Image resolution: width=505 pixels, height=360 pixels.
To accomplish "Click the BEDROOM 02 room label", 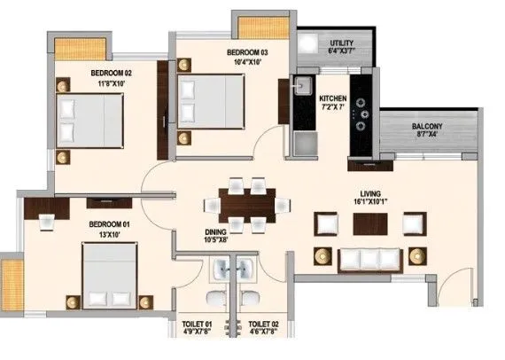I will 111,73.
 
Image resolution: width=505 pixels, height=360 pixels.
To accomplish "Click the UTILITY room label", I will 341,43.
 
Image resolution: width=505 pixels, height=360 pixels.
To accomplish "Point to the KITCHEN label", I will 333,99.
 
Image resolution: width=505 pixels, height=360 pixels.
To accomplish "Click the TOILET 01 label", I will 198,325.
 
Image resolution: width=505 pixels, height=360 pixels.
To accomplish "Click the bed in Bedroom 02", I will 91,120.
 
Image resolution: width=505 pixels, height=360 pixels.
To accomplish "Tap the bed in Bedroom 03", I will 212,100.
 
